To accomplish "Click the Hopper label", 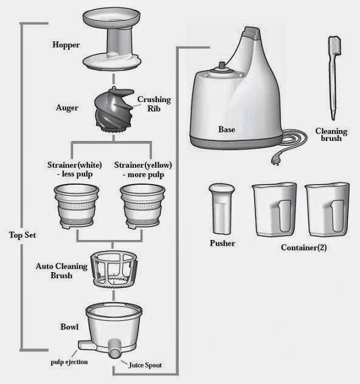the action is tap(66, 45).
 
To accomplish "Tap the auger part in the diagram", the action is tap(114, 110).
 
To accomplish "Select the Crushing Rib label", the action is tap(154, 104).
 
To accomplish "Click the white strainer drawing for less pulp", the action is tap(77, 207).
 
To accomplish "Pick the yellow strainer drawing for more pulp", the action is tap(143, 207).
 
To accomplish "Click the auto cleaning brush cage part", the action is tap(114, 270).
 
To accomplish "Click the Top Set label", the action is tap(22, 235).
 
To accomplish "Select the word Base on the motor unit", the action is tap(227, 129).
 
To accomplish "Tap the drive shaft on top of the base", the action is tap(222, 66).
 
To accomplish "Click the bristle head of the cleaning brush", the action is tap(334, 46).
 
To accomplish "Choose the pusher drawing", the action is tap(221, 209).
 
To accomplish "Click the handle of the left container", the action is tap(285, 216).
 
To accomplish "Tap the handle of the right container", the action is tap(337, 216).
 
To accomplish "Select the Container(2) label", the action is tap(303, 247).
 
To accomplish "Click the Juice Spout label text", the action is tap(145, 365).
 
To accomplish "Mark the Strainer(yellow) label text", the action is tap(143, 165).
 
